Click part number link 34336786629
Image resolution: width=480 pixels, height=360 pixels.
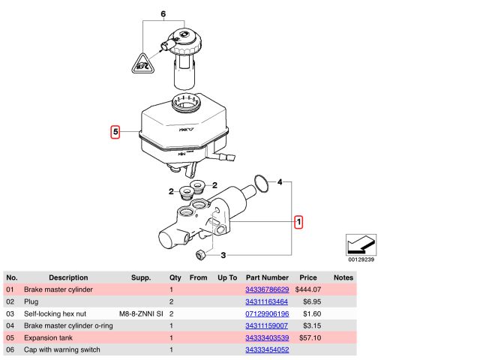(266, 289)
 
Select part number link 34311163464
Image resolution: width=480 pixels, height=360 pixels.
(266, 301)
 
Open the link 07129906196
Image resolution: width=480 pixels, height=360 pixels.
(266, 313)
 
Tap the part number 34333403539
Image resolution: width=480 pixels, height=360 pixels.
(266, 337)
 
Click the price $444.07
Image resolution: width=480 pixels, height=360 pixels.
(308, 289)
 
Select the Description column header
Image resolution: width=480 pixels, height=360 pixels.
(68, 277)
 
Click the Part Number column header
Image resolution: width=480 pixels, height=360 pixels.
(266, 277)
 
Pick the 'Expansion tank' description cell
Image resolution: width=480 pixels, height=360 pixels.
(48, 337)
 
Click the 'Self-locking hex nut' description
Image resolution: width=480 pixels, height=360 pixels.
(57, 313)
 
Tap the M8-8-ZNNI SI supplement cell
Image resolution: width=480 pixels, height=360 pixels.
(141, 313)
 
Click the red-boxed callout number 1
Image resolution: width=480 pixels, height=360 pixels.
(298, 222)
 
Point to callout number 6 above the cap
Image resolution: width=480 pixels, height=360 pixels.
(163, 14)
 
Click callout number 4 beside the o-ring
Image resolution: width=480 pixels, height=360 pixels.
(280, 182)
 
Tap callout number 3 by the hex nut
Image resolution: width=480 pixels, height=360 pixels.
(223, 255)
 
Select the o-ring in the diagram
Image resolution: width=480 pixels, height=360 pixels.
(259, 182)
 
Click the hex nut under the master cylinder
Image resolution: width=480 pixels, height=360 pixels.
(200, 255)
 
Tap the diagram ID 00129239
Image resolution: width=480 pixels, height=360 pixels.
(361, 259)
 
